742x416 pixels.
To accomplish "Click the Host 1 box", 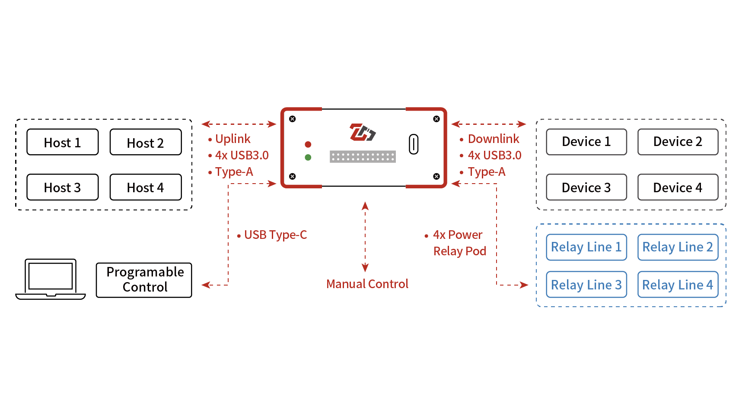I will coord(62,142).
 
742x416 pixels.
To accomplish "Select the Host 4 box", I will coord(145,187).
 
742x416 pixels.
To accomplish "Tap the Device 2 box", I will coord(677,142).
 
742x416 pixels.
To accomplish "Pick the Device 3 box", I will coord(586,187).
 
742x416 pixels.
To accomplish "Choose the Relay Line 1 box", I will coord(586,247).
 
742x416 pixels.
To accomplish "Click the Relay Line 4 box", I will coord(677,285).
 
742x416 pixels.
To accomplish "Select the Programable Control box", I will coord(144,280).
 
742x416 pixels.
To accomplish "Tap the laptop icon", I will coord(51,279).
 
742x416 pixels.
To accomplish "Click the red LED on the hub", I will coord(308,144).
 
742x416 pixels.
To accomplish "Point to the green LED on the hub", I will coord(308,157).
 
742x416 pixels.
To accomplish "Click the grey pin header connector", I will coord(363,156).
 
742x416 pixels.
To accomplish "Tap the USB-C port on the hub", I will coord(414,144).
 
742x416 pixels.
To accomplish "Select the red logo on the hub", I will coord(362,132).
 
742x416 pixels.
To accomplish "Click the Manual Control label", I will coord(367,284).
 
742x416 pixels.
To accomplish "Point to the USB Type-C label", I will coord(275,235).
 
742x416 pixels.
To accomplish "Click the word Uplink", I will coord(232,139).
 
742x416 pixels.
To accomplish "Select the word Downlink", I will coord(494,139).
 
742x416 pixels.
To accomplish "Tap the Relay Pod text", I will coord(459,251).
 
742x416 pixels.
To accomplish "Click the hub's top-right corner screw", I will coord(436,119).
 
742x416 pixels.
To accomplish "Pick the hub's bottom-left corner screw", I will coord(293,176).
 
